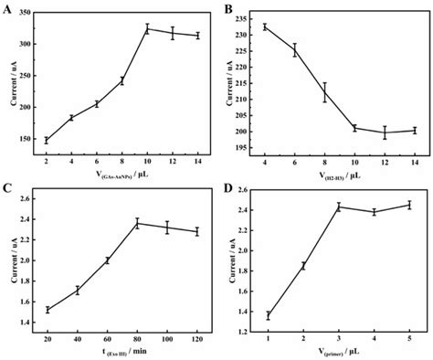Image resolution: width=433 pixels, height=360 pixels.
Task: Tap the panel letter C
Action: pos(8,190)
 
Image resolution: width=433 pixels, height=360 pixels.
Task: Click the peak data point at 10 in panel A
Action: pos(148,29)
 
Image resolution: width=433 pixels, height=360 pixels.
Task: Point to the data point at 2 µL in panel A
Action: pos(46,140)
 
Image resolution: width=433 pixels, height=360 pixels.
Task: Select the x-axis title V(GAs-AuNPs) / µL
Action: pos(122,175)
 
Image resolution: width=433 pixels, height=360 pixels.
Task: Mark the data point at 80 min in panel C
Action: pos(138,223)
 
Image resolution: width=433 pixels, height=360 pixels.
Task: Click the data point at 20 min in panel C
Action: pos(48,310)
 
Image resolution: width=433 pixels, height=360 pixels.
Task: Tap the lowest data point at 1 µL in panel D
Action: pos(268,316)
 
